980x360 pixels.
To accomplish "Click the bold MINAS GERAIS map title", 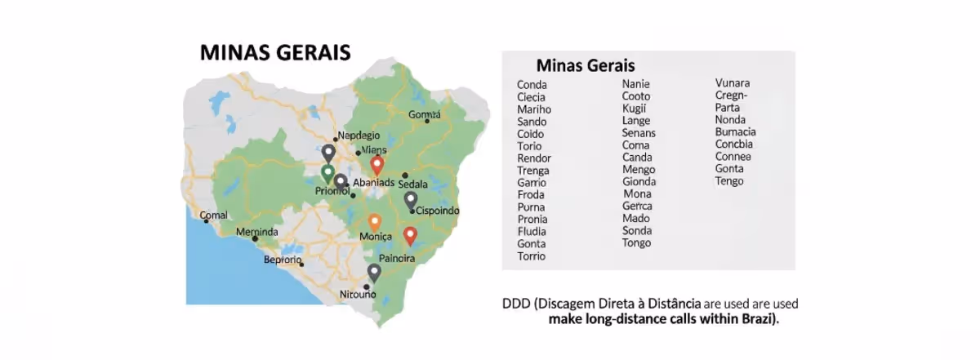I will [x=275, y=53].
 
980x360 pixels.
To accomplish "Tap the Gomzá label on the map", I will [x=424, y=114].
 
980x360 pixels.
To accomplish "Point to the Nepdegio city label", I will [x=359, y=136].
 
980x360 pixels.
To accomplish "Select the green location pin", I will [x=327, y=173].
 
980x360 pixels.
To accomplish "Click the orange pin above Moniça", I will [x=374, y=221].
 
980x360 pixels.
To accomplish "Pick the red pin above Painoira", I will [x=411, y=236].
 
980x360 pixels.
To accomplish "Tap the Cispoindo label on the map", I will [x=438, y=211].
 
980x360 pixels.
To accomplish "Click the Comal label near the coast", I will [x=214, y=216].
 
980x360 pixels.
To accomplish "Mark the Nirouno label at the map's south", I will [x=358, y=295].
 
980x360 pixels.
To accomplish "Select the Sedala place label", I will [x=413, y=184].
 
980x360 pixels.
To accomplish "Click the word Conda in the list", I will [x=532, y=85].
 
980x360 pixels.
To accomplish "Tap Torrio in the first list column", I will [x=531, y=256].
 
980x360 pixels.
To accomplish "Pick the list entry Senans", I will [x=639, y=133].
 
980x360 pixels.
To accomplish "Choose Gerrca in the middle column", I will [x=637, y=206].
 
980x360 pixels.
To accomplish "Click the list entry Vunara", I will [x=733, y=83].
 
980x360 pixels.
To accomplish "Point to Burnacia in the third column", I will [x=735, y=132].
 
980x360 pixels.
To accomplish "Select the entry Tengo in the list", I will [x=729, y=181].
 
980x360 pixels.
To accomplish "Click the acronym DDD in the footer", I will [x=515, y=304].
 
